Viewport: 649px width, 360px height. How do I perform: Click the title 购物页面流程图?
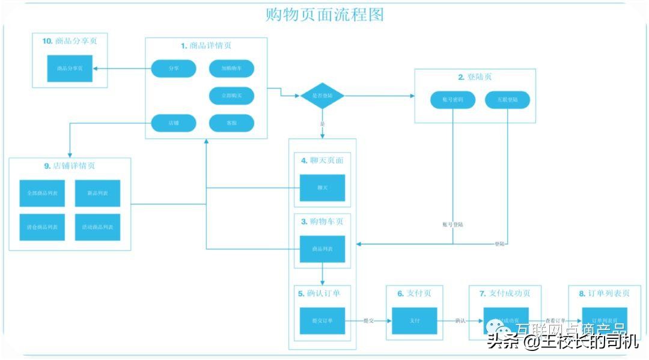tap(324, 14)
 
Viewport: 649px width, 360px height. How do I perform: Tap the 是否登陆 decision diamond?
tap(322, 96)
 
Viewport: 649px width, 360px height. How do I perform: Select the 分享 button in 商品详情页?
tap(173, 69)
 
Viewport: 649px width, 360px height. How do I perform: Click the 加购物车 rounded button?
tap(231, 69)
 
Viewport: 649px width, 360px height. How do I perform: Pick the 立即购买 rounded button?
tap(231, 96)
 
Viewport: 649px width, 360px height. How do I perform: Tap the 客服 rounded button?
tap(231, 123)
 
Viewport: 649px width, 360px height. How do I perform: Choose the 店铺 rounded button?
tap(173, 123)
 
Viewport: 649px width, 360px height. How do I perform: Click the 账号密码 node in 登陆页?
tap(453, 100)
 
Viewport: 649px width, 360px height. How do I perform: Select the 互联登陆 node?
tap(507, 100)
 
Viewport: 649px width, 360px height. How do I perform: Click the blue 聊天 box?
tap(322, 188)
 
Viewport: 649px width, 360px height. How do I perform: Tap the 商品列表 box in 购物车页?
tap(322, 249)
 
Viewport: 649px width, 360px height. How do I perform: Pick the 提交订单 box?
tap(322, 321)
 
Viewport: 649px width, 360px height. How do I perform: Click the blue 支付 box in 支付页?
tap(414, 321)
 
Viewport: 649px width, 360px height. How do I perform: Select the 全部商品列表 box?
tap(42, 194)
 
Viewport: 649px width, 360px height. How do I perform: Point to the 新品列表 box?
tap(97, 194)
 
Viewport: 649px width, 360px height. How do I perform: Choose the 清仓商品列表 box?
tap(42, 227)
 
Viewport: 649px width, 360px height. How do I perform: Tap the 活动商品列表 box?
tap(97, 227)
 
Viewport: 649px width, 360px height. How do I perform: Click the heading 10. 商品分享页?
tap(70, 41)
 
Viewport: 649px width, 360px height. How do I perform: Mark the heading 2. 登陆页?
tap(475, 77)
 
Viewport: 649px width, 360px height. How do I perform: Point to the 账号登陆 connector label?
tap(452, 224)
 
